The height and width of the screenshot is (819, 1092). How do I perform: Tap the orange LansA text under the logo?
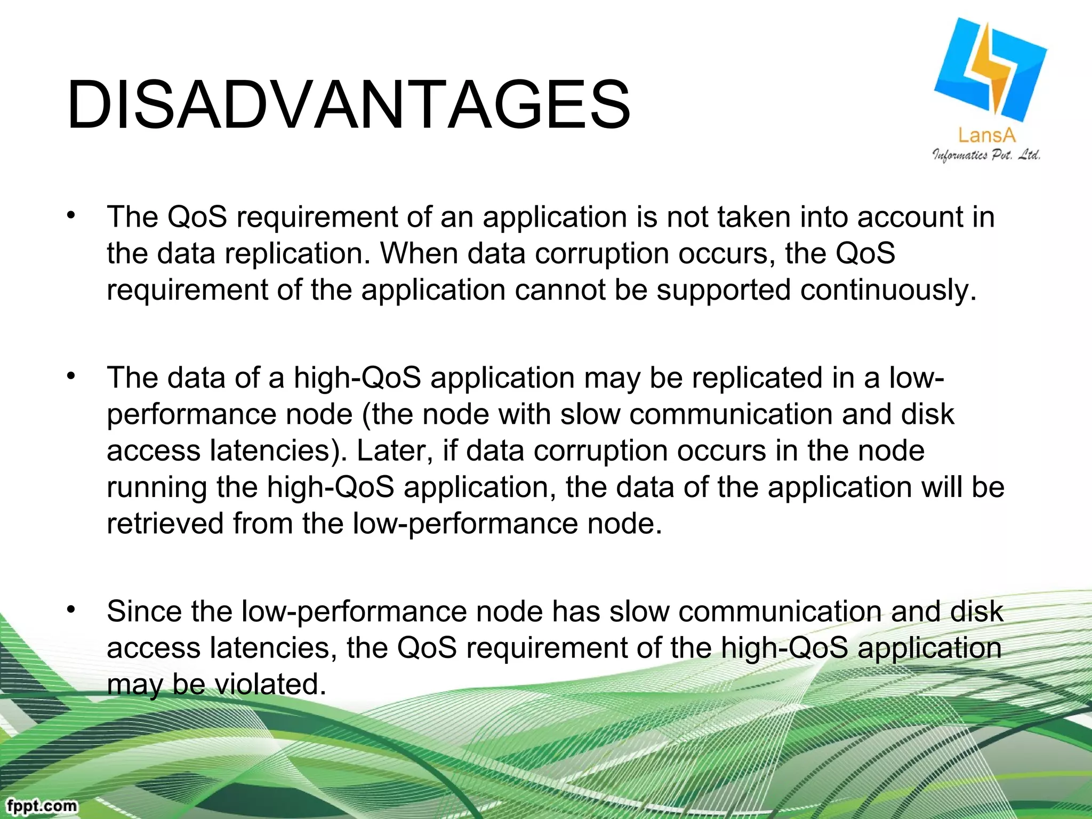pyautogui.click(x=986, y=135)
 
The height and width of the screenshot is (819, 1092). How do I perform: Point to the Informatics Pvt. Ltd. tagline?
pyautogui.click(x=986, y=155)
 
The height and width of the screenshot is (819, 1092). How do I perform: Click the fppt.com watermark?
pyautogui.click(x=42, y=805)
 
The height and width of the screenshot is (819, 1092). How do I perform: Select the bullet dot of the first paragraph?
pyautogui.click(x=70, y=215)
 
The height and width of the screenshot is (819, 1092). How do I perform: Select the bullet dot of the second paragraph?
pyautogui.click(x=70, y=375)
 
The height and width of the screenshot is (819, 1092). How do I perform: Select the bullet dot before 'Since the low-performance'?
pyautogui.click(x=70, y=608)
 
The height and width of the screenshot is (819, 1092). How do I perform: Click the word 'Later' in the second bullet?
pyautogui.click(x=394, y=451)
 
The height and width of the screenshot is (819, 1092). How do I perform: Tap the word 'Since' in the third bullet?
pyautogui.click(x=144, y=612)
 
